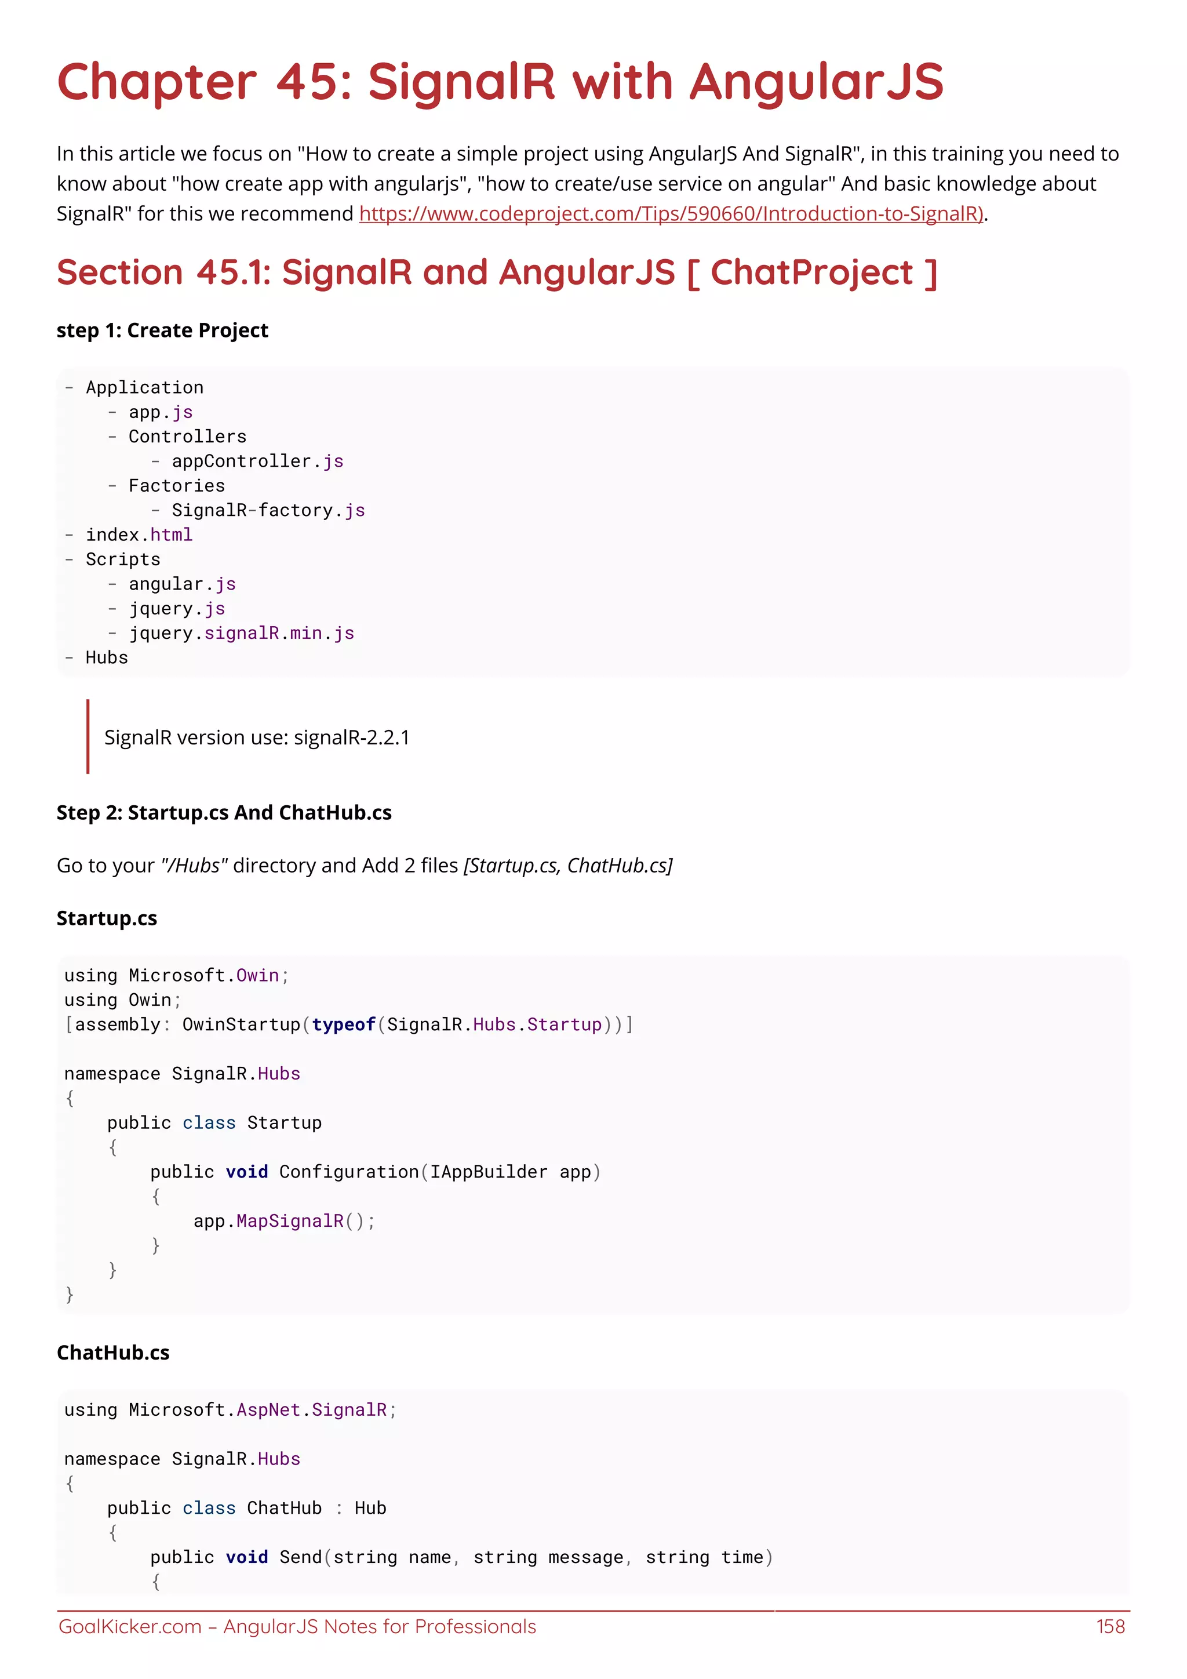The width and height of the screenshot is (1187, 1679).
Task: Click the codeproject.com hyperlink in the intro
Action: tap(671, 213)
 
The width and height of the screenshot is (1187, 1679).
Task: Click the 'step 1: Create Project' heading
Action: tap(162, 330)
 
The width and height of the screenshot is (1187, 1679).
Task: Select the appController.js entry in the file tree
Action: tap(257, 461)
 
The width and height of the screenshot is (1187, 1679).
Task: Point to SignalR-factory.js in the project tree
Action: tap(268, 510)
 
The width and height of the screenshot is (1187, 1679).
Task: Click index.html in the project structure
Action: tap(139, 535)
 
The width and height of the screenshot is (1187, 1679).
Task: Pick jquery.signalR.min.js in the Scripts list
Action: tap(241, 633)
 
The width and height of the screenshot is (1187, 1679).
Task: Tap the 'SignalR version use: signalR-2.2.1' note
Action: tap(257, 737)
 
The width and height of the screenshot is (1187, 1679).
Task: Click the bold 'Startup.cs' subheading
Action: tap(107, 918)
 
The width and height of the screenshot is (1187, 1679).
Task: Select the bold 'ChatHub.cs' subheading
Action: tap(113, 1353)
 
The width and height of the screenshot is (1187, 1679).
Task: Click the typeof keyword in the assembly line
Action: tap(344, 1024)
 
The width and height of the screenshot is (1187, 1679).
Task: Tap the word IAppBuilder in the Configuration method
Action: tap(488, 1172)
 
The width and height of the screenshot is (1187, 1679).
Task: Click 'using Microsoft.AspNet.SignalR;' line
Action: tap(230, 1410)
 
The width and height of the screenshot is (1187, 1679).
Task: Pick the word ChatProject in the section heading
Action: tap(811, 272)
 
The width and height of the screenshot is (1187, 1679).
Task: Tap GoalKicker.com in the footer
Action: tap(129, 1626)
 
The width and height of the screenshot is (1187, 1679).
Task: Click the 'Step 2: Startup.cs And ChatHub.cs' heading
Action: tap(224, 812)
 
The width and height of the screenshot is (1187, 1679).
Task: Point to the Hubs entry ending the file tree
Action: tap(107, 658)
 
